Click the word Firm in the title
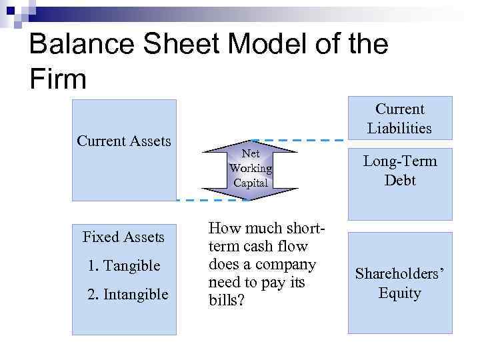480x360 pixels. coord(59,79)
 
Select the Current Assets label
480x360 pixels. coord(124,141)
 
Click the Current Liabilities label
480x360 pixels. coord(399,118)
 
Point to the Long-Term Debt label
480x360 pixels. coord(399,171)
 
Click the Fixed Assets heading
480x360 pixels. coord(123,237)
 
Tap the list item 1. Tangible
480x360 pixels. coord(124,265)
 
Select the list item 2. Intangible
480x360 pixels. coord(128,294)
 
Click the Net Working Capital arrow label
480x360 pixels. coord(251,168)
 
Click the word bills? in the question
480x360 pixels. coord(227,301)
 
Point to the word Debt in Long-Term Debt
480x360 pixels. coord(399,180)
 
